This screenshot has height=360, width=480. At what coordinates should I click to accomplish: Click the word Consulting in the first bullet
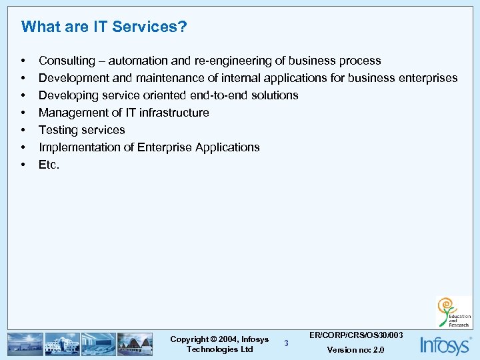click(x=67, y=61)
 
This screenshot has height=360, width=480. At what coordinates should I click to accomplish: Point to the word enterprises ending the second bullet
click(x=427, y=78)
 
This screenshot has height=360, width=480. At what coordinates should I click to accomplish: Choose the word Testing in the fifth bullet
click(x=58, y=130)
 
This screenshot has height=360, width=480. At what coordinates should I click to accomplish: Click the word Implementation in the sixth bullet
click(x=81, y=147)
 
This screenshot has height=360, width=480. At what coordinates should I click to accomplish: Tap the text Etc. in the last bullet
click(x=49, y=165)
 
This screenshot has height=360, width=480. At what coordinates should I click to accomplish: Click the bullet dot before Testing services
click(x=24, y=130)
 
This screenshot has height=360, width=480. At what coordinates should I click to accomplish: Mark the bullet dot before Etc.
click(x=24, y=165)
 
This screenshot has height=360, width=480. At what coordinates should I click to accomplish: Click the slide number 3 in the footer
click(x=286, y=343)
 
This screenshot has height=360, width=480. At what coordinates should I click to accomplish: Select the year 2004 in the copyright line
click(x=227, y=339)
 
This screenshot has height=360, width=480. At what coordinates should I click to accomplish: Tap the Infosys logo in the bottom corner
click(x=445, y=345)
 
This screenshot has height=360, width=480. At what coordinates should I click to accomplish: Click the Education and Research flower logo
click(x=454, y=313)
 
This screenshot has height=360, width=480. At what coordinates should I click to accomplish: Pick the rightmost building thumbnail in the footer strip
click(x=135, y=344)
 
